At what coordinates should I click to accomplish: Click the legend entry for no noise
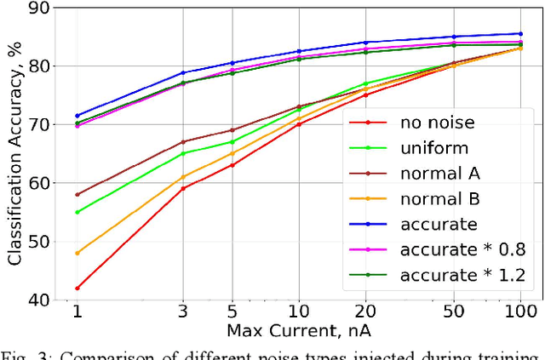[437, 123]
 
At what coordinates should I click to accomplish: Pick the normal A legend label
[439, 174]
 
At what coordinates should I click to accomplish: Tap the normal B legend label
[439, 199]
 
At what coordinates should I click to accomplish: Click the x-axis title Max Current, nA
[299, 329]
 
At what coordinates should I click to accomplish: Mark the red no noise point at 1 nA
[77, 289]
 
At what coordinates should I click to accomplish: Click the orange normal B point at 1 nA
[77, 253]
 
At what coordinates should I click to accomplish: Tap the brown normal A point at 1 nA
[77, 195]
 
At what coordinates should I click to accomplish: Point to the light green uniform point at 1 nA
[77, 212]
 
